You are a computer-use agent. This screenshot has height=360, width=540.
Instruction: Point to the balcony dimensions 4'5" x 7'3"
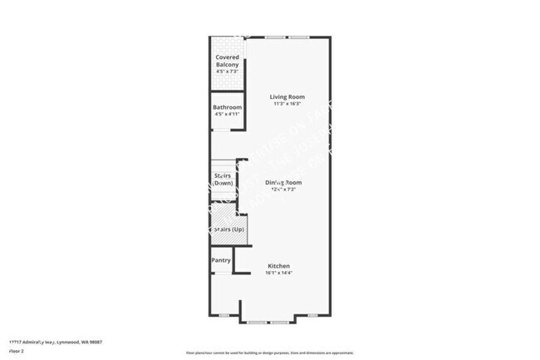[x=227, y=72]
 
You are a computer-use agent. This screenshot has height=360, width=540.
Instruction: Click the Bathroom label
[x=227, y=108]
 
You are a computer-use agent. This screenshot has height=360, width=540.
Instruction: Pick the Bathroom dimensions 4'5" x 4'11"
[x=227, y=115]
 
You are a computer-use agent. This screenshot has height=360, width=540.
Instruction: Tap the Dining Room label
[x=283, y=182]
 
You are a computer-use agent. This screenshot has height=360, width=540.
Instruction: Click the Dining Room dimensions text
[x=283, y=190]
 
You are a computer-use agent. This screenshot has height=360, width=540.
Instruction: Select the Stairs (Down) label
[x=222, y=179]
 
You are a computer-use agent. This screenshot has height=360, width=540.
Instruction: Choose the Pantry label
[x=221, y=260]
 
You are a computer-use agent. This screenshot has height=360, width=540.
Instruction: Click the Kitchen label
[x=277, y=266]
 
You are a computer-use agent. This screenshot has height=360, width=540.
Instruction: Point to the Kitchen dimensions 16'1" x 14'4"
[x=277, y=274]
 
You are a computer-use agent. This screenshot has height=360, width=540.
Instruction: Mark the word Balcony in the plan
[x=227, y=65]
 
